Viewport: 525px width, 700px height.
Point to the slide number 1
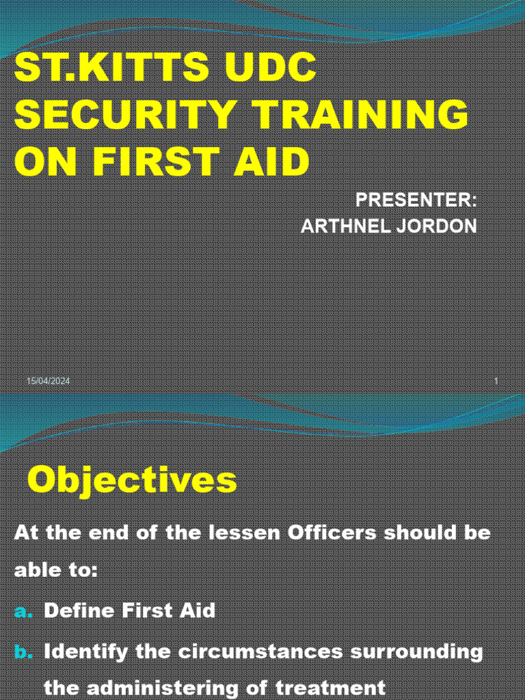[x=496, y=381]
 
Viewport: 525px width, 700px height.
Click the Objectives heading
[x=132, y=481]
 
